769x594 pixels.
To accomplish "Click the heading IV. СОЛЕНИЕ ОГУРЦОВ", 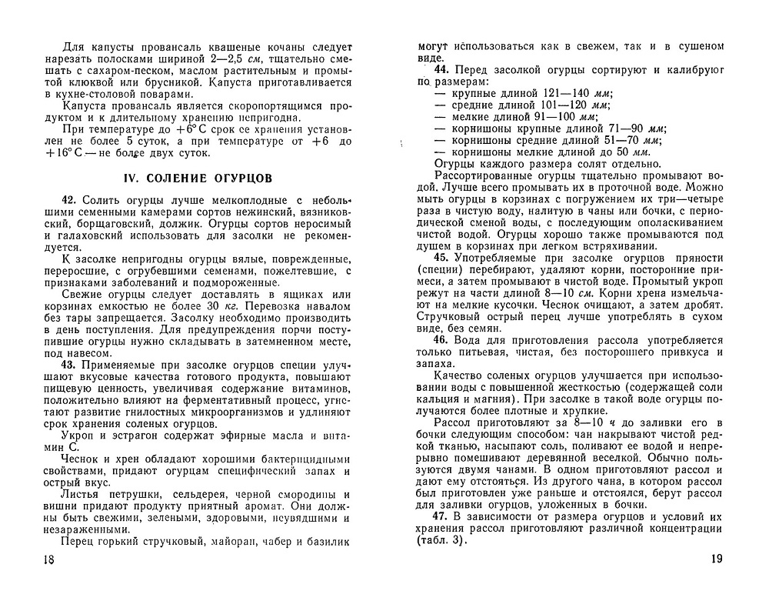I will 198,179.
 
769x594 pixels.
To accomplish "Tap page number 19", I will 715,559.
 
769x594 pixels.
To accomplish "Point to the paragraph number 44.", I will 443,69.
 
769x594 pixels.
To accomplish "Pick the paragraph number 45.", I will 443,257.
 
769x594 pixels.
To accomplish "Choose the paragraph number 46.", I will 443,340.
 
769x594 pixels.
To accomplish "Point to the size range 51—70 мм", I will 631,140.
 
